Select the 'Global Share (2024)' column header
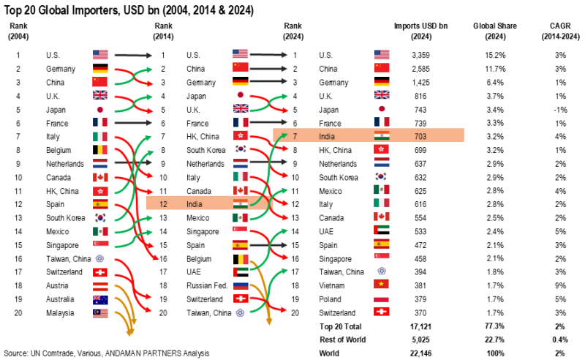pos(494,31)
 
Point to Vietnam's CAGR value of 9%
pos(559,285)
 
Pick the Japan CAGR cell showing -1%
pos(559,109)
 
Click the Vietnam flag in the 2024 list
pos(382,285)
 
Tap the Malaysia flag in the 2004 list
pos(100,312)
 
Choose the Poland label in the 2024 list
pos(331,299)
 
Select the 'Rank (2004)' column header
pos(20,31)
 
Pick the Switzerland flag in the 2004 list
pos(100,272)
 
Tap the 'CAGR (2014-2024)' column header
pos(559,31)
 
